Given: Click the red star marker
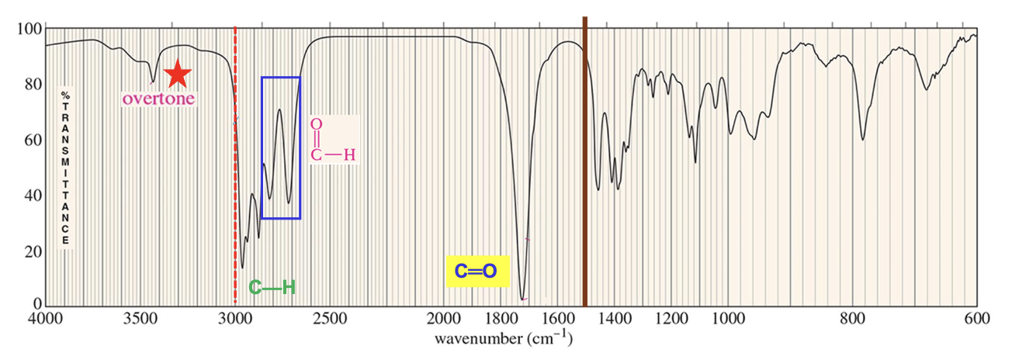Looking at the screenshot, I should click(x=178, y=74).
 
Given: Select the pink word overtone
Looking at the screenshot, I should click(x=158, y=99).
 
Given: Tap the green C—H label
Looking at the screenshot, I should click(x=272, y=288).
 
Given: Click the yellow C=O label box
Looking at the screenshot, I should click(x=477, y=272).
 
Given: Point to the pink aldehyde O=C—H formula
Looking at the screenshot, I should click(x=331, y=140).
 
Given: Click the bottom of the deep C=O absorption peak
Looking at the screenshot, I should click(x=522, y=299).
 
